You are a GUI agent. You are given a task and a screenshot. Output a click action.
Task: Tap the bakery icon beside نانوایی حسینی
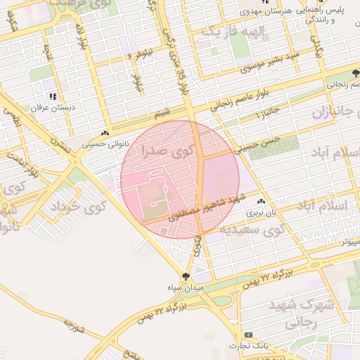[105, 134]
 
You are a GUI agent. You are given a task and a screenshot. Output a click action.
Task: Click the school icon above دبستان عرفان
[52, 97]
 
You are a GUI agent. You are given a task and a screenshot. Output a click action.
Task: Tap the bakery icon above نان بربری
[262, 200]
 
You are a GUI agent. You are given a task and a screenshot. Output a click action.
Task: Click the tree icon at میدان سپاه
[186, 277]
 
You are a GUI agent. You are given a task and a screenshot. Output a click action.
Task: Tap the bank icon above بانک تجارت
[247, 335]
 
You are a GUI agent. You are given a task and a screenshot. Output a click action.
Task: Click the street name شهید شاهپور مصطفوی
[193, 209]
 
